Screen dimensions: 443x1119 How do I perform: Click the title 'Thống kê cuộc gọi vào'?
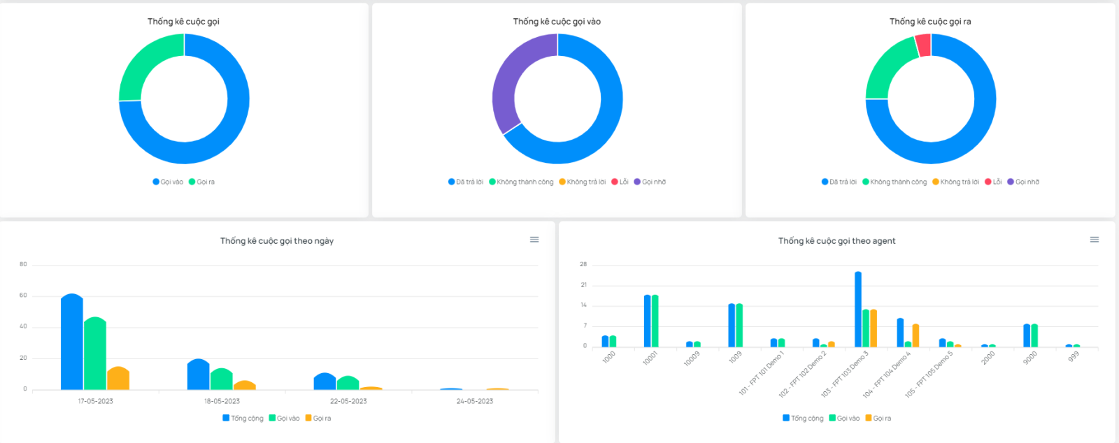557,22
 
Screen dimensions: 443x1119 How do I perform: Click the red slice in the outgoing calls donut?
923,45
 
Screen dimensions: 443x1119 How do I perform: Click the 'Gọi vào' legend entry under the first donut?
168,182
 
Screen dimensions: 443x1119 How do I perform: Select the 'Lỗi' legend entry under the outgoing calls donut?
993,182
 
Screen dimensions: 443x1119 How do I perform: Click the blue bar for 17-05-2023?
72,342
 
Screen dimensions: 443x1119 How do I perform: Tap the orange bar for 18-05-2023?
245,385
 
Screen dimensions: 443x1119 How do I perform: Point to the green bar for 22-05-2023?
348,383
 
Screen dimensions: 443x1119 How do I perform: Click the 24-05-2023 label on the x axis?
475,401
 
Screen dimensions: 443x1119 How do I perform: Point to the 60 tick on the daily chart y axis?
23,296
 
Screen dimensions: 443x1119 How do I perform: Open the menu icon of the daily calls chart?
534,240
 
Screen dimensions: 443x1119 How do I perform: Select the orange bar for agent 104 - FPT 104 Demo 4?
915,336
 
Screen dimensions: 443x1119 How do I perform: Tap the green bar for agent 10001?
655,321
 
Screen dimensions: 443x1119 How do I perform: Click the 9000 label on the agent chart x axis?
1030,356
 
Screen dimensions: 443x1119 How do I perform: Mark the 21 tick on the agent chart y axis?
583,285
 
